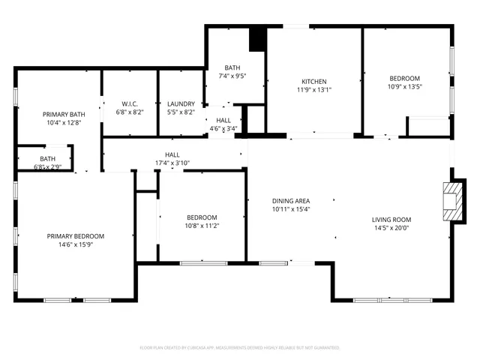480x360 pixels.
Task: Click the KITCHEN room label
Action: point(314,82)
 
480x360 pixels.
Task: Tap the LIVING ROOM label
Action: point(391,220)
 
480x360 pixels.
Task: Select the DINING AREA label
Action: point(290,201)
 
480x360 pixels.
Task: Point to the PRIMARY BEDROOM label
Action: point(76,236)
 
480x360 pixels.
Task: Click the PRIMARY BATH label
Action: point(63,114)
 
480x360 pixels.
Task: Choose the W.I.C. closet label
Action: point(130,103)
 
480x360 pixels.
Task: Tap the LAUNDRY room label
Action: point(181,103)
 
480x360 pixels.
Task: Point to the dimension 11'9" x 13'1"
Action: point(314,90)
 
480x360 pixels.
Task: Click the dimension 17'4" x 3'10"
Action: point(172,163)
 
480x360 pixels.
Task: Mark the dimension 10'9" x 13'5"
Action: point(404,86)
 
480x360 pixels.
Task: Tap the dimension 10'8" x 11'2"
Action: point(202,225)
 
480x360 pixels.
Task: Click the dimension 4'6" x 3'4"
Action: point(223,128)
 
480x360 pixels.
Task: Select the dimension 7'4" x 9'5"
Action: point(232,76)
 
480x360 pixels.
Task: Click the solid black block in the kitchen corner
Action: point(258,39)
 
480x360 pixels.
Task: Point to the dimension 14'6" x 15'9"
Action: point(76,244)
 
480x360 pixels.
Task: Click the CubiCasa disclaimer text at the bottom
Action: point(240,348)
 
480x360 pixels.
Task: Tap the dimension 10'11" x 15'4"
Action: point(290,209)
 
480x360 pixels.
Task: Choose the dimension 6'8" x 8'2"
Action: point(130,112)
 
